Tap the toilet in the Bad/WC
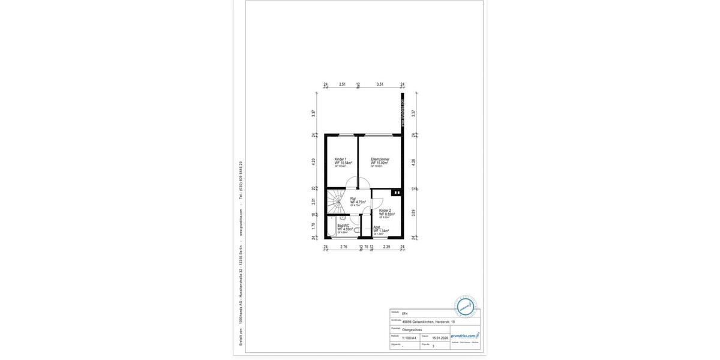coord(356,230)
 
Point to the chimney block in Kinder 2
coord(396,193)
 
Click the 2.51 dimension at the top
coord(342,85)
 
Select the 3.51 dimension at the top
coord(380,85)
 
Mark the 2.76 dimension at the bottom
coord(344,247)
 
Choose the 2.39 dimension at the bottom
coord(387,247)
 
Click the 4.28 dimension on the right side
coord(413,162)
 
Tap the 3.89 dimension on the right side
coord(413,212)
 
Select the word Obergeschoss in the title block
coord(412,329)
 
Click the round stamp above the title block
coord(465,307)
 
